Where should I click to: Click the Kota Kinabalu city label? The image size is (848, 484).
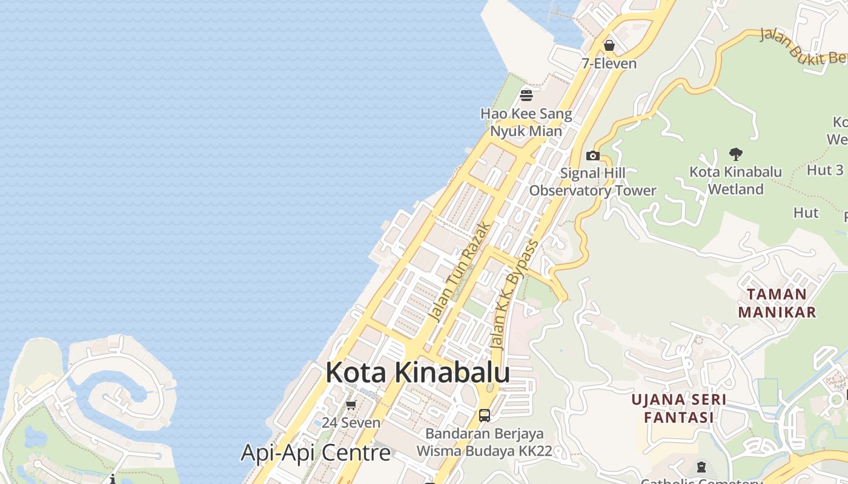coord(417,373)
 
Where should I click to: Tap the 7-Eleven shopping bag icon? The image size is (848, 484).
coord(609,45)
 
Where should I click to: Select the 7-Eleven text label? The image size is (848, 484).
coord(609,64)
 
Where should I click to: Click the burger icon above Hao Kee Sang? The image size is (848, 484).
coord(526,95)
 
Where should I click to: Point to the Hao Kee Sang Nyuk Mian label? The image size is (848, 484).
coord(526,122)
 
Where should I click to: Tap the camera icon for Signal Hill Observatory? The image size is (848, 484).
coord(593,155)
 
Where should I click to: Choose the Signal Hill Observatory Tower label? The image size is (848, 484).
coord(593,181)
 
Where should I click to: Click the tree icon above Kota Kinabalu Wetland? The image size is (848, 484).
coord(736,154)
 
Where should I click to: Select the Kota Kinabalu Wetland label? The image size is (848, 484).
coord(736,180)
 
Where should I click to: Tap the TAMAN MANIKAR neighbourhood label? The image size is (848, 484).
coord(785,303)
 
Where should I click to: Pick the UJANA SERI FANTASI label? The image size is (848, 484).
coord(678,408)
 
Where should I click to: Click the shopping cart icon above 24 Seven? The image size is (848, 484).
coord(351,405)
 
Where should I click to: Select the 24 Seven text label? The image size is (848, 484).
coord(351,422)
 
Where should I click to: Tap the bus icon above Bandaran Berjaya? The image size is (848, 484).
coord(484,415)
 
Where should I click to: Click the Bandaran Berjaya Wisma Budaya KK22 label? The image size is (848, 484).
coord(484,442)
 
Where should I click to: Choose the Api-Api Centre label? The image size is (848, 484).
coord(316,453)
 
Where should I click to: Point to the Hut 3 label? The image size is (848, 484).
coord(825,170)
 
